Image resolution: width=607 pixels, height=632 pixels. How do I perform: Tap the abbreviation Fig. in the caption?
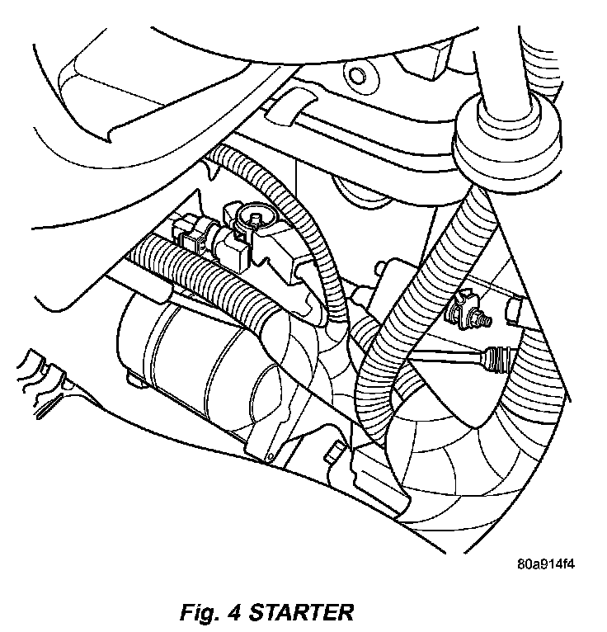202,613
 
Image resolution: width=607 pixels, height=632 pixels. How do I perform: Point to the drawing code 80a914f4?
545,566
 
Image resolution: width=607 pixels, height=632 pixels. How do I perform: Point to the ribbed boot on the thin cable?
500,357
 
